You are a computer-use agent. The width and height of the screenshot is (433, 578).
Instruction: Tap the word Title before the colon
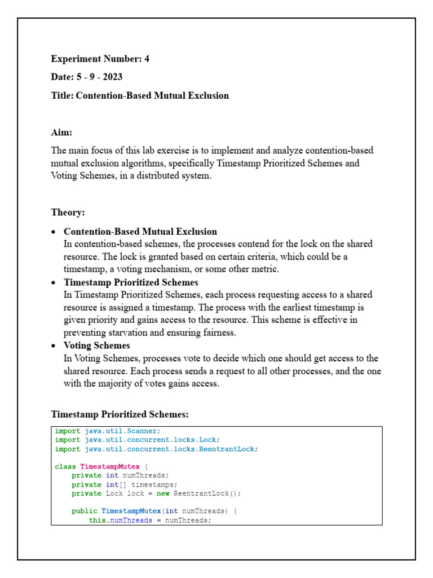(x=61, y=95)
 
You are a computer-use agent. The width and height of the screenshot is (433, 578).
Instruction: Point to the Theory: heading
(x=68, y=212)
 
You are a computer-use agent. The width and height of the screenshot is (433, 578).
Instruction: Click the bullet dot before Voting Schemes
(x=54, y=345)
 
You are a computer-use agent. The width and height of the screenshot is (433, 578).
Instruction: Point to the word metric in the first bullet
(x=264, y=269)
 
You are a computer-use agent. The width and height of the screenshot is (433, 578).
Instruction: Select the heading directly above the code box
(x=120, y=414)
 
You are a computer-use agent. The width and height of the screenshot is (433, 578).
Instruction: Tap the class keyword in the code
(x=65, y=467)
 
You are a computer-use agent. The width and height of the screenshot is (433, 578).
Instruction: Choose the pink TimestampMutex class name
(x=110, y=467)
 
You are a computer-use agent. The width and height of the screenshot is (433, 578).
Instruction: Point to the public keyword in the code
(x=84, y=511)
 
